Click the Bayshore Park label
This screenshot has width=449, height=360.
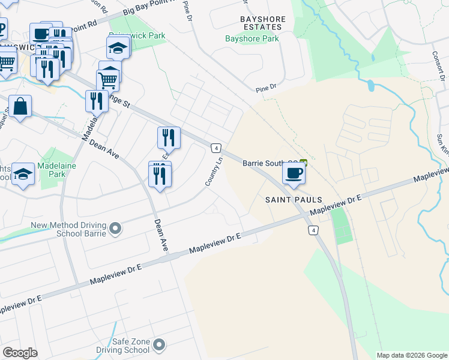coord(252,39)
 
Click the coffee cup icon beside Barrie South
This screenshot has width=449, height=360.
coord(294,173)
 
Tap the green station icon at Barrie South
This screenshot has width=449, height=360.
coord(304,163)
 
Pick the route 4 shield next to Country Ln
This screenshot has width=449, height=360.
coord(216,148)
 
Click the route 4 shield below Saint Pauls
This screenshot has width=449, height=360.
coord(312,230)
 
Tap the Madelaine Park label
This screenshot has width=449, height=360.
coord(51,170)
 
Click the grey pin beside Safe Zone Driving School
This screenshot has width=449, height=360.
coord(159,344)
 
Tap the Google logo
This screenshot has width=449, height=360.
coord(20,353)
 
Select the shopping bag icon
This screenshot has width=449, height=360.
coord(20,107)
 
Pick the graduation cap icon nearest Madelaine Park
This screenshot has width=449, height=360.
coord(23,174)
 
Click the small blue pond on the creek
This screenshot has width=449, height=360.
coord(370,86)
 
